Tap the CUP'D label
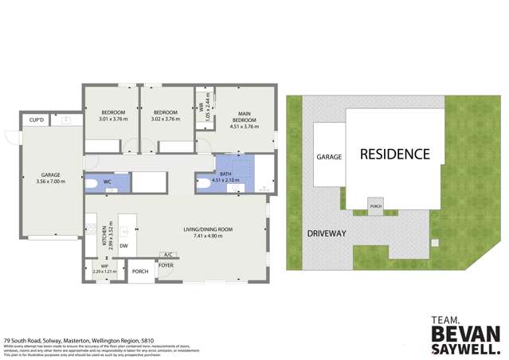click(37, 120)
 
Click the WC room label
click(107, 182)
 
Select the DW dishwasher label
click(123, 246)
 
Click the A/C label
click(167, 255)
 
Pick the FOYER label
click(166, 265)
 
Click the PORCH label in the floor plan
click(140, 272)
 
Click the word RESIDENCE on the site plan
click(394, 154)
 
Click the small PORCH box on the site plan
click(375, 205)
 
